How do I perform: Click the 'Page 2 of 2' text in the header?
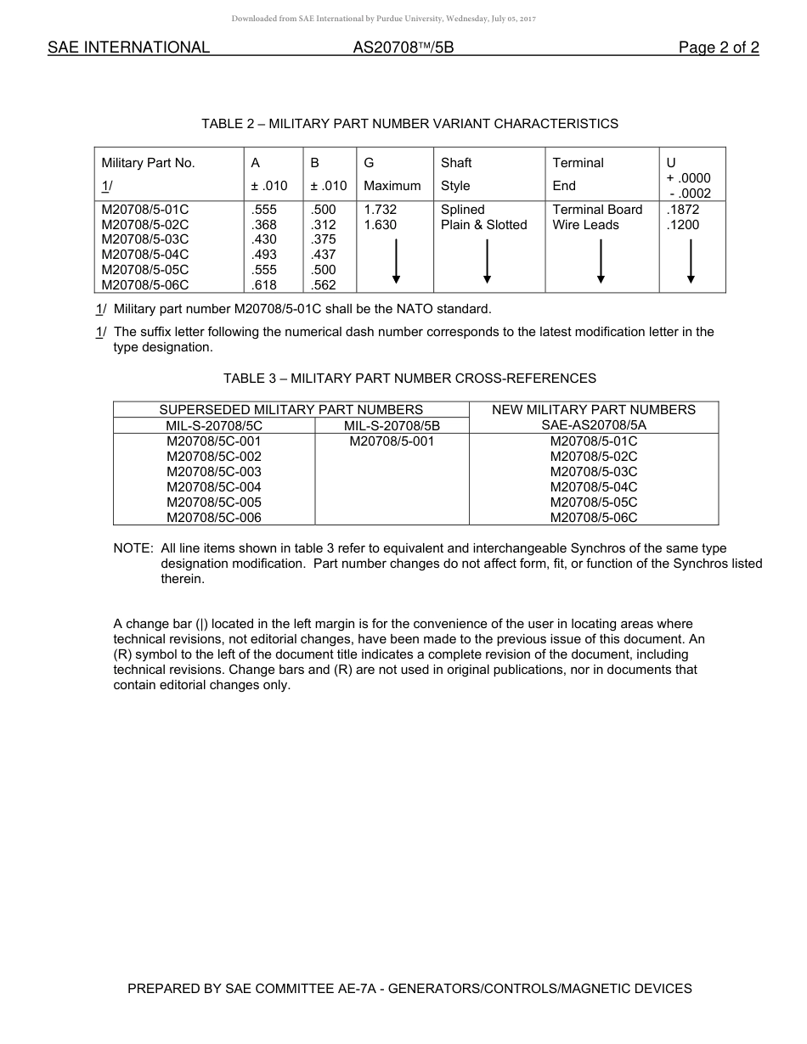click(718, 48)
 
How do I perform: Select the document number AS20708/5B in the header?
click(403, 48)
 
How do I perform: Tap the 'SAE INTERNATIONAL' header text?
click(128, 48)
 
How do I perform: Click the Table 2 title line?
click(409, 124)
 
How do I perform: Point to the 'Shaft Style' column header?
click(456, 174)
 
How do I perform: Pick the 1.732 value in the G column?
click(380, 210)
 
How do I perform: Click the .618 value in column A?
click(264, 286)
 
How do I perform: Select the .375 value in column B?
click(324, 240)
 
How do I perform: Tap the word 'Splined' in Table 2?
click(463, 210)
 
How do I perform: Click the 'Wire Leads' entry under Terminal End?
click(585, 225)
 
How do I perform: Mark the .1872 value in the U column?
click(683, 210)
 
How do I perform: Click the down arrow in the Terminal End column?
click(601, 261)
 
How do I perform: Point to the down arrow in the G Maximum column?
click(396, 261)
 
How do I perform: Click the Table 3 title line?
click(409, 379)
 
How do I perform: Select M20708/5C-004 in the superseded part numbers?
click(214, 487)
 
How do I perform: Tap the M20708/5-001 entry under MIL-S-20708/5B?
click(392, 441)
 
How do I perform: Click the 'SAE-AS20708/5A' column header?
click(594, 425)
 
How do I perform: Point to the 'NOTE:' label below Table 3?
click(133, 548)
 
